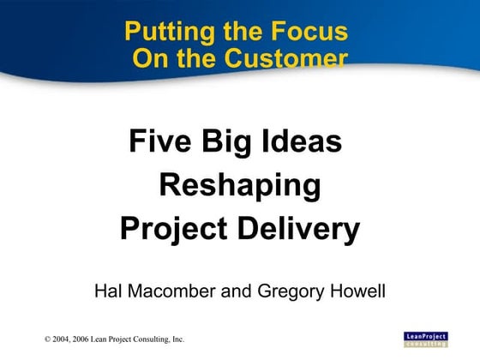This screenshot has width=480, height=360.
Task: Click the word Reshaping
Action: pos(240,184)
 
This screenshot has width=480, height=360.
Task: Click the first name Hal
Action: pos(108,291)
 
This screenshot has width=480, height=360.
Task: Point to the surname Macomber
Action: pos(174,291)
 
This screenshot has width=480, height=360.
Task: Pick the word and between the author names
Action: pos(238,291)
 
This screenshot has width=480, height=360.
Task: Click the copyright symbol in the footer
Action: pos(48,340)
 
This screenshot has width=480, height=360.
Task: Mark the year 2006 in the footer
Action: pos(86,340)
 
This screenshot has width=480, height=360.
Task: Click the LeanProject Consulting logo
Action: pos(425,338)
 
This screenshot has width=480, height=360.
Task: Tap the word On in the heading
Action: pos(150,58)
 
